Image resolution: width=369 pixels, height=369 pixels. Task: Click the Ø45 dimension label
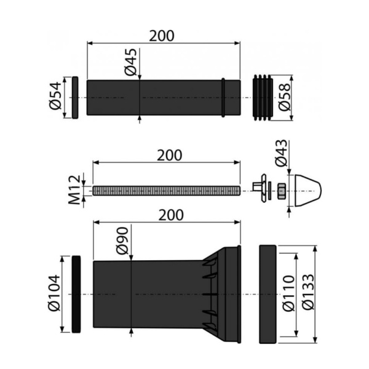point(131,62)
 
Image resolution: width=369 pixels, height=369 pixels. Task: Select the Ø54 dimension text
point(55,96)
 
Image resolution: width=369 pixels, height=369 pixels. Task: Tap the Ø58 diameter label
point(285,97)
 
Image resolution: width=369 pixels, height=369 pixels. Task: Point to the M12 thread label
point(74,189)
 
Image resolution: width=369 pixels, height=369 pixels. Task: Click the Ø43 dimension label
point(281,153)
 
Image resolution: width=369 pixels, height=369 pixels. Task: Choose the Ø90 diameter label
point(122,240)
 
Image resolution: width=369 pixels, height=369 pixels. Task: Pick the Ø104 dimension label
point(54,293)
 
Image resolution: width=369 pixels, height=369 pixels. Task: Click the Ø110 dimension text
point(288,293)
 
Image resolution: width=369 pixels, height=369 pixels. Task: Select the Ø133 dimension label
point(308,292)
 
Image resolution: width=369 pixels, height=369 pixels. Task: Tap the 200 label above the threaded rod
point(170,156)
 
